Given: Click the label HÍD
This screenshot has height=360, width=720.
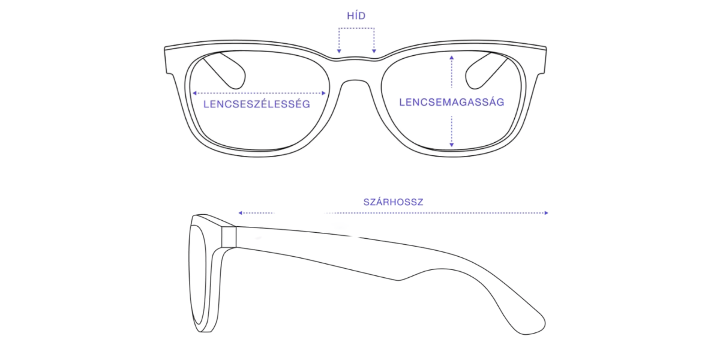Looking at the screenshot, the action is click(x=356, y=16).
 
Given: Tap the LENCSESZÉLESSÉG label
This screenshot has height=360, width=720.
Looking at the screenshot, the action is click(x=257, y=104).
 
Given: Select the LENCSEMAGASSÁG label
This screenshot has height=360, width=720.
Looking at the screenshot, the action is click(x=452, y=102).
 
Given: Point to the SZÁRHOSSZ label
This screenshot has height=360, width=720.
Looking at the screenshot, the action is click(x=393, y=202).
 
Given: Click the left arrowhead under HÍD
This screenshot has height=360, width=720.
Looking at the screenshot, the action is click(x=339, y=51).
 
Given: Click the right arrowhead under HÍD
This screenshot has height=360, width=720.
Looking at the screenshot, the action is click(x=374, y=51).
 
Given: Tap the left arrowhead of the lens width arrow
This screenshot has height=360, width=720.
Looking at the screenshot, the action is click(x=194, y=93).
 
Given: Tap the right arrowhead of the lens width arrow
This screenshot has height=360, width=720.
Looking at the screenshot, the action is click(x=323, y=93).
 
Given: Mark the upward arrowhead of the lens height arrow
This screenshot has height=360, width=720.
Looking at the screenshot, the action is click(x=452, y=58).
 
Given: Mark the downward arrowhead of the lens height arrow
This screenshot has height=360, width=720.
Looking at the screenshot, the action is click(x=452, y=145).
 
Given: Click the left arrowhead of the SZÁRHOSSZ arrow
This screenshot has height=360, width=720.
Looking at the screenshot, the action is click(x=241, y=213).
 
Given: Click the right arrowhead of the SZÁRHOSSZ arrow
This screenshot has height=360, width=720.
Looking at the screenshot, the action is click(x=546, y=213).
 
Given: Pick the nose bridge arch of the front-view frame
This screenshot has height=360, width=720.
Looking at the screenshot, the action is click(x=355, y=80).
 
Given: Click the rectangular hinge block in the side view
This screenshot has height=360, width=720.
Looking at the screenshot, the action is click(x=229, y=237).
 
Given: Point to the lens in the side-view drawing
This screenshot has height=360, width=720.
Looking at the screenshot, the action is click(x=197, y=275).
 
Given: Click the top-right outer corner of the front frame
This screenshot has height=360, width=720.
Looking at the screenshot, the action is click(x=546, y=47).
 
